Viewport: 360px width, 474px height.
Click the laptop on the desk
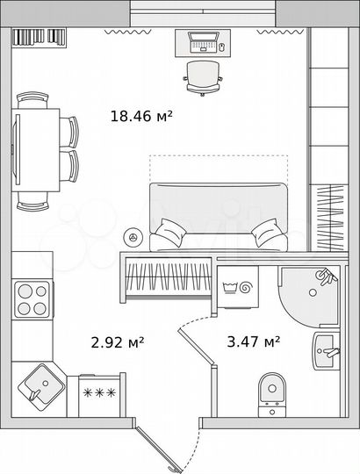pyautogui.click(x=203, y=40)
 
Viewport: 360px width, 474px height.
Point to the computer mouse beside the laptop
pyautogui.click(x=221, y=46)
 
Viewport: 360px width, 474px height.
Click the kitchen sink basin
pyautogui.click(x=40, y=384)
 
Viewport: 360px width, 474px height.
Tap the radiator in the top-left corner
pyautogui.click(x=40, y=36)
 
